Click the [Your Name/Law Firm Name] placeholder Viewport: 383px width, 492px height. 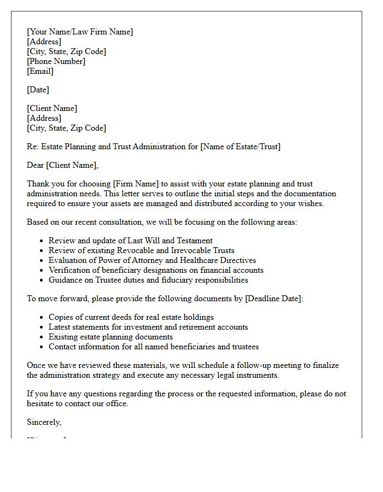[x=80, y=32]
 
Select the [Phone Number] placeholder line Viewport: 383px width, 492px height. [x=56, y=61]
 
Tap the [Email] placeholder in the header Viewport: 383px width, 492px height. [x=40, y=71]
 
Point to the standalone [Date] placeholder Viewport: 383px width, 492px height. [x=38, y=90]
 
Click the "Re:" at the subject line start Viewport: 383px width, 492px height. [x=33, y=147]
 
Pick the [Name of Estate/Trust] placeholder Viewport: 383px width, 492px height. [x=240, y=147]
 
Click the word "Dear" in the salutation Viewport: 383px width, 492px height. [x=36, y=165]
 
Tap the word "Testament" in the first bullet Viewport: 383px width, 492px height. [x=194, y=241]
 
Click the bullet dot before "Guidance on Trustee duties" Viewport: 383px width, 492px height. [x=42, y=280]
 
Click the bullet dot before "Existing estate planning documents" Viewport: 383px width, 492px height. [x=42, y=337]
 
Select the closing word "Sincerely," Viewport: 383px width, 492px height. [x=44, y=422]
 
